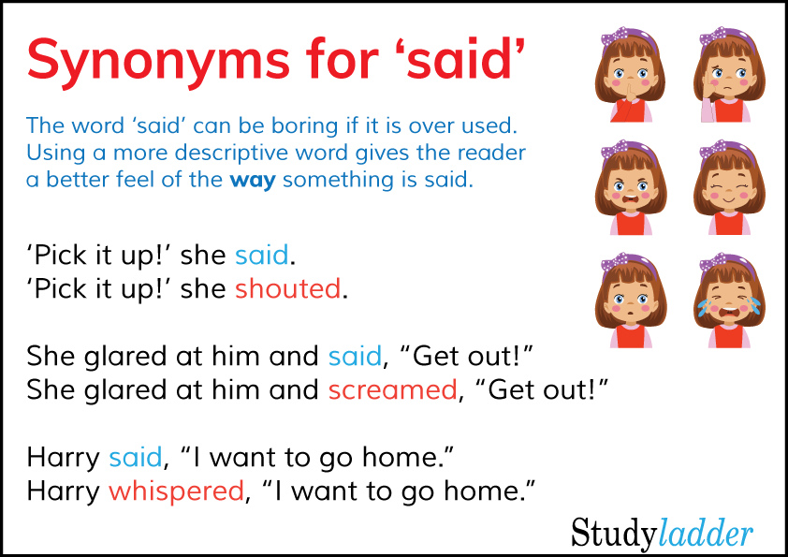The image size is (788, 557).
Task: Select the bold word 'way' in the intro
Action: click(253, 179)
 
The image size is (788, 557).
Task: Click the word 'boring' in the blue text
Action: click(300, 125)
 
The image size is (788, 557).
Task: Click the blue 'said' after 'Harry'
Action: click(136, 458)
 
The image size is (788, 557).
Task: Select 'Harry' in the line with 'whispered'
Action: click(63, 491)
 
